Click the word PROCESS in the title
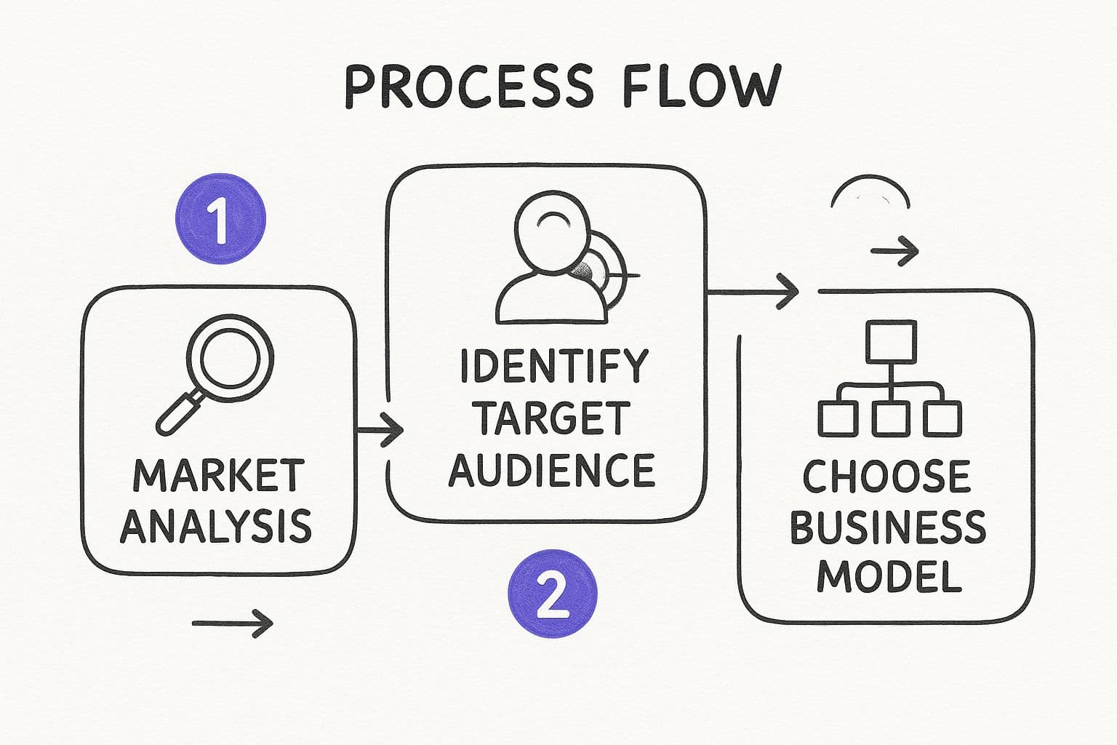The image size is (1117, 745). pyautogui.click(x=468, y=86)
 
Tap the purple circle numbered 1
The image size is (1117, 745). pyautogui.click(x=221, y=218)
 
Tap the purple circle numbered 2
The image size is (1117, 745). pyautogui.click(x=552, y=594)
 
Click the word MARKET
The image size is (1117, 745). pyautogui.click(x=217, y=476)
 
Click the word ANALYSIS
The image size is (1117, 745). pyautogui.click(x=216, y=526)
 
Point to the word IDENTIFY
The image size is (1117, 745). pyautogui.click(x=553, y=366)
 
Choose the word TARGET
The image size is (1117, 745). pyautogui.click(x=553, y=418)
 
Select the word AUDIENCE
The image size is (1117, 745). pyautogui.click(x=552, y=470)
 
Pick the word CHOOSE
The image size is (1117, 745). pyautogui.click(x=886, y=477)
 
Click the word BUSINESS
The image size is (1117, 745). pyautogui.click(x=887, y=527)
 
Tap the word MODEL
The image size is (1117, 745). pyautogui.click(x=889, y=576)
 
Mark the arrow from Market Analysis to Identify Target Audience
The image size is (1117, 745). pyautogui.click(x=380, y=431)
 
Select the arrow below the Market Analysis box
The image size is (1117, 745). pyautogui.click(x=232, y=623)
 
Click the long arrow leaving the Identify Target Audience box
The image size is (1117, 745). pyautogui.click(x=753, y=292)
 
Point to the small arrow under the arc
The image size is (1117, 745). pyautogui.click(x=894, y=252)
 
